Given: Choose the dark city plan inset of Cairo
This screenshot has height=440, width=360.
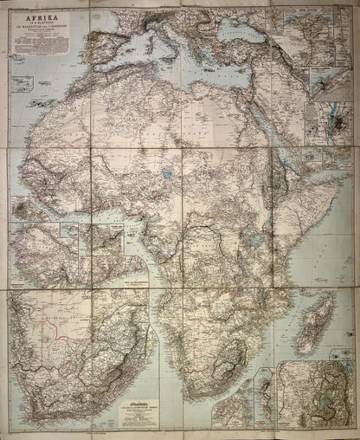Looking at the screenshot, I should click(x=334, y=121).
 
